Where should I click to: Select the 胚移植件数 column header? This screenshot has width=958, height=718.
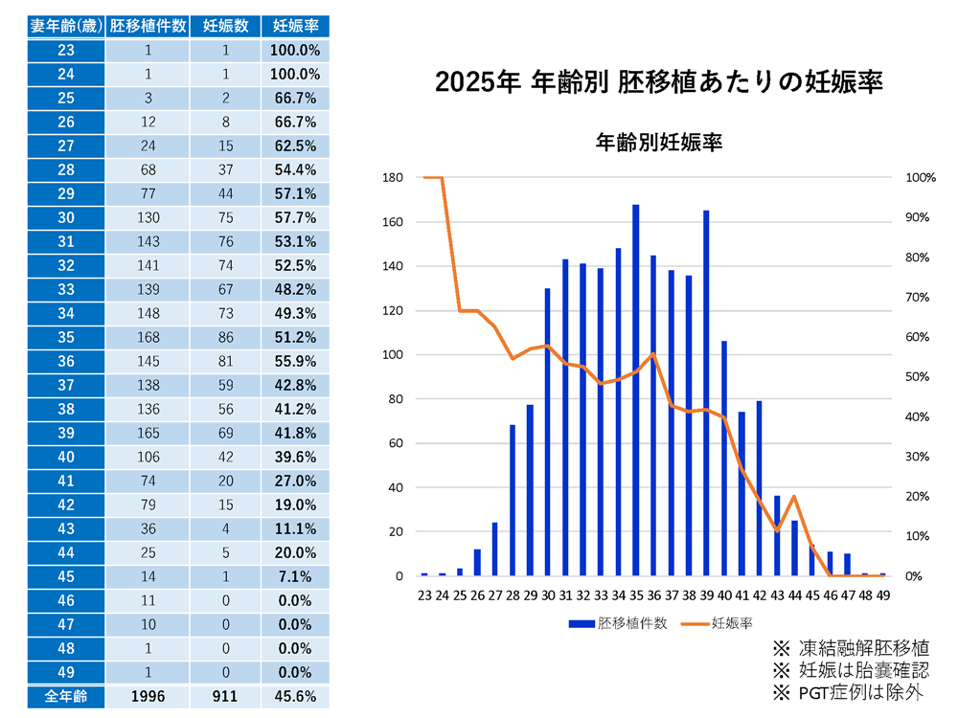[x=148, y=26]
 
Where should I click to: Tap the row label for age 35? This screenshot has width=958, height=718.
[x=66, y=337]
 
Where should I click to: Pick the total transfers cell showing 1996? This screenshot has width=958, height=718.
[x=148, y=696]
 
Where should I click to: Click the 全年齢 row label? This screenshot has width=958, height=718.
[x=66, y=696]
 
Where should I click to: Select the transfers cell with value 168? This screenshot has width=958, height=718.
[x=148, y=337]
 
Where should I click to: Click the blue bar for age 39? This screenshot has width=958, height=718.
[x=706, y=393]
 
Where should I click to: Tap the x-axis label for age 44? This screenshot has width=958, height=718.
[x=794, y=595]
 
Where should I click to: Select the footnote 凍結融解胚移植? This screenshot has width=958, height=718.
[x=847, y=648]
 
